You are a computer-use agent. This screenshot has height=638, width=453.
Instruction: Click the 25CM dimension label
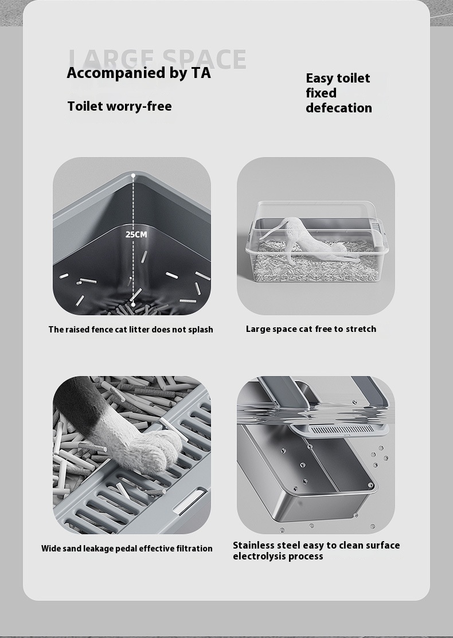[136, 234]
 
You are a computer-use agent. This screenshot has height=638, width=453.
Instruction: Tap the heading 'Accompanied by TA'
[139, 73]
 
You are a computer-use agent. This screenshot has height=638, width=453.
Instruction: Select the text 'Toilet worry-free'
[119, 106]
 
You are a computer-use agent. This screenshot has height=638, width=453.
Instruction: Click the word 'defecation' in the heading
[338, 108]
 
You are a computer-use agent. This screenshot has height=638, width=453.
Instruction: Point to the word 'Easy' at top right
[319, 78]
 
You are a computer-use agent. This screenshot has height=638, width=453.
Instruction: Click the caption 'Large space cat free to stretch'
[311, 329]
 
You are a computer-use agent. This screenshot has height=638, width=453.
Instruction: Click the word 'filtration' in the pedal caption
[193, 549]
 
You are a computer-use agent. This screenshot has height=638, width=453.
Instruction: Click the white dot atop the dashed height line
[133, 175]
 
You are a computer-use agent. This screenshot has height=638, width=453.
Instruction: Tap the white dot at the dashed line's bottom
[133, 304]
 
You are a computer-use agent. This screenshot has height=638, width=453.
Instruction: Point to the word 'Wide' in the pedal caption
[50, 549]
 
